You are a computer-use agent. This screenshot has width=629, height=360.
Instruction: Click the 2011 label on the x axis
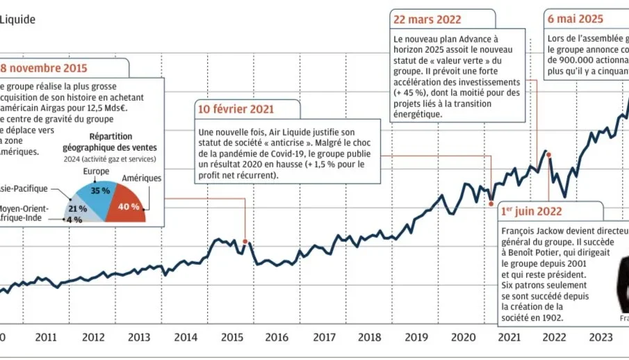(x=46, y=338)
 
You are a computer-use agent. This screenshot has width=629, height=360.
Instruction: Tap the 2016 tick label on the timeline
(x=277, y=338)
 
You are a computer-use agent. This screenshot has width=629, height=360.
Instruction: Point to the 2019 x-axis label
(x=415, y=338)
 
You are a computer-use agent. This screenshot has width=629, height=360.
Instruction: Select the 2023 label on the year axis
(x=599, y=338)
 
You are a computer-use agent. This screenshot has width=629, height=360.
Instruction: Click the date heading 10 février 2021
(x=236, y=109)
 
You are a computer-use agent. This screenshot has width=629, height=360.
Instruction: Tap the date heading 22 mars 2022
(x=427, y=19)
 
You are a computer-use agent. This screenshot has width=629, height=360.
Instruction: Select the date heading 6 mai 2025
(x=575, y=19)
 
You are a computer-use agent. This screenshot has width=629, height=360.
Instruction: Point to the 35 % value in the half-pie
(x=100, y=190)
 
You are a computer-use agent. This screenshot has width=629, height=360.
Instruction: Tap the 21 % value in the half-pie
(x=77, y=208)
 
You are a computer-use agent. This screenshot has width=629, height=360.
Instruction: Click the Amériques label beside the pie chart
(x=141, y=179)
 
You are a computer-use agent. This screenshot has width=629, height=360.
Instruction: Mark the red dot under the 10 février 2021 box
(x=245, y=242)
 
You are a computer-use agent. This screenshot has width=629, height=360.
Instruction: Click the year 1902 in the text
(x=551, y=318)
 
